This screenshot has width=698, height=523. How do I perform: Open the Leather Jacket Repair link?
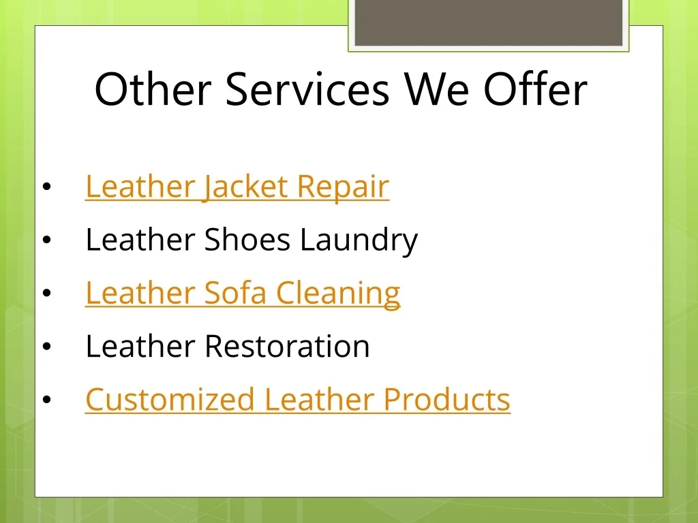click(237, 187)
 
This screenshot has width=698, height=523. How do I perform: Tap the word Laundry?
click(359, 240)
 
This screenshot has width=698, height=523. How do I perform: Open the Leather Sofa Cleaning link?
click(243, 293)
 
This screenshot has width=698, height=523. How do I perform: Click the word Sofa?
click(235, 293)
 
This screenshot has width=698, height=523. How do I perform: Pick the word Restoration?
click(287, 346)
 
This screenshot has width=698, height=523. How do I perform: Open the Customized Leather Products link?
click(298, 399)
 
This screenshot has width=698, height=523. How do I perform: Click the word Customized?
click(170, 399)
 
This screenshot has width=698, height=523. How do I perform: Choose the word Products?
click(446, 399)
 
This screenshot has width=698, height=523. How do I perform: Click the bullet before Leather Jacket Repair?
click(47, 187)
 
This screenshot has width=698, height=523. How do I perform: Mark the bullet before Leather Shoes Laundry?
click(47, 240)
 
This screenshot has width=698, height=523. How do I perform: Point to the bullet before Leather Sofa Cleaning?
click(47, 293)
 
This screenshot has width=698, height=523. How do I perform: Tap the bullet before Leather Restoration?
click(47, 347)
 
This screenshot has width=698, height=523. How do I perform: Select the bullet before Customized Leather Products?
click(47, 400)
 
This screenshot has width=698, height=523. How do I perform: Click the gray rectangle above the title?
click(488, 22)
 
